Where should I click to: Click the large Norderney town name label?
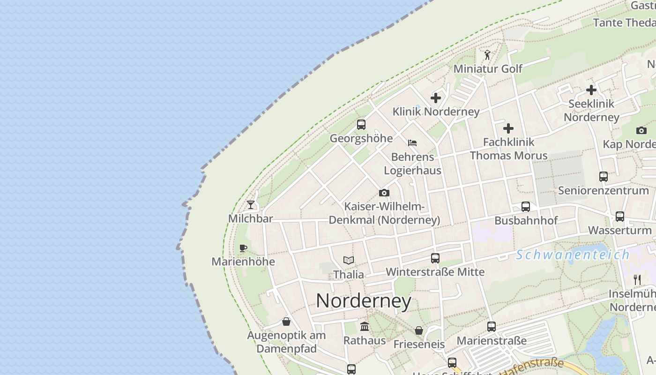(364, 301)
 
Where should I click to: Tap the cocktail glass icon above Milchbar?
(251, 205)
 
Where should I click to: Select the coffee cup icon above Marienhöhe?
(243, 248)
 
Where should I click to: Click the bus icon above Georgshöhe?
(361, 125)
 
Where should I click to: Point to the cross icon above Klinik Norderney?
(436, 98)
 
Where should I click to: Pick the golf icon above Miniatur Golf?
(487, 55)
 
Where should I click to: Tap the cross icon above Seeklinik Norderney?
(591, 90)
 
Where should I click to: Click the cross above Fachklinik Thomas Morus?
(508, 128)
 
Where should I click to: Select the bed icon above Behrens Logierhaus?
(412, 143)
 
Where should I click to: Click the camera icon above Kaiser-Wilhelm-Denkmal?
(384, 193)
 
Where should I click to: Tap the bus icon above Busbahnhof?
(526, 207)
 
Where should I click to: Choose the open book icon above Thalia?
(348, 260)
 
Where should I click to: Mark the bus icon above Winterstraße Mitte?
(435, 258)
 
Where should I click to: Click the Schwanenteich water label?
(573, 255)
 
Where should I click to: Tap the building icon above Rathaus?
(365, 326)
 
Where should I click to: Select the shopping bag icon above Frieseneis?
(419, 330)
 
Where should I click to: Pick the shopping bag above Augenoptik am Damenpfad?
(286, 322)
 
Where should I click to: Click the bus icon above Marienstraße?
(491, 327)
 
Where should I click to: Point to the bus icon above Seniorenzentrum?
(604, 177)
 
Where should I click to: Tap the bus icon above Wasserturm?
(620, 217)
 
